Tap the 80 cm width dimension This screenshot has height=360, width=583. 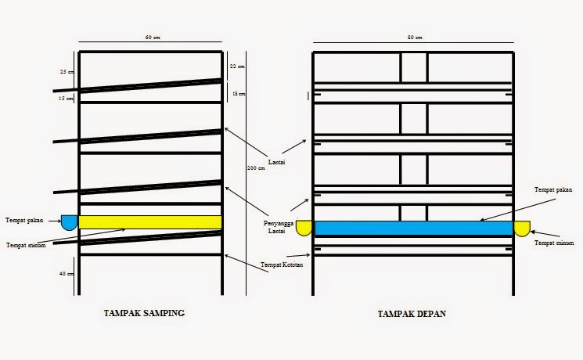tap(414, 38)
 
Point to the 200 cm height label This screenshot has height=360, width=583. tap(255, 169)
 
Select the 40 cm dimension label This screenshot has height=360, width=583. tap(66, 273)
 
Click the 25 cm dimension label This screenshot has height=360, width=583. tap(66, 72)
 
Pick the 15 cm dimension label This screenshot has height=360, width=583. tap(66, 99)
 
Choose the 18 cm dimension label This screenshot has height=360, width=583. tap(239, 94)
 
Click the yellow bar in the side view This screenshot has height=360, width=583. tap(149, 222)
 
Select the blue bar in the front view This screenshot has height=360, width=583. tap(413, 229)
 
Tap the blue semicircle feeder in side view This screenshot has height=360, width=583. tap(69, 222)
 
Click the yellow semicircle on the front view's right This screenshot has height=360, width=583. tap(522, 228)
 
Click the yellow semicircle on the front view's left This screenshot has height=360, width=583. tap(304, 228)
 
